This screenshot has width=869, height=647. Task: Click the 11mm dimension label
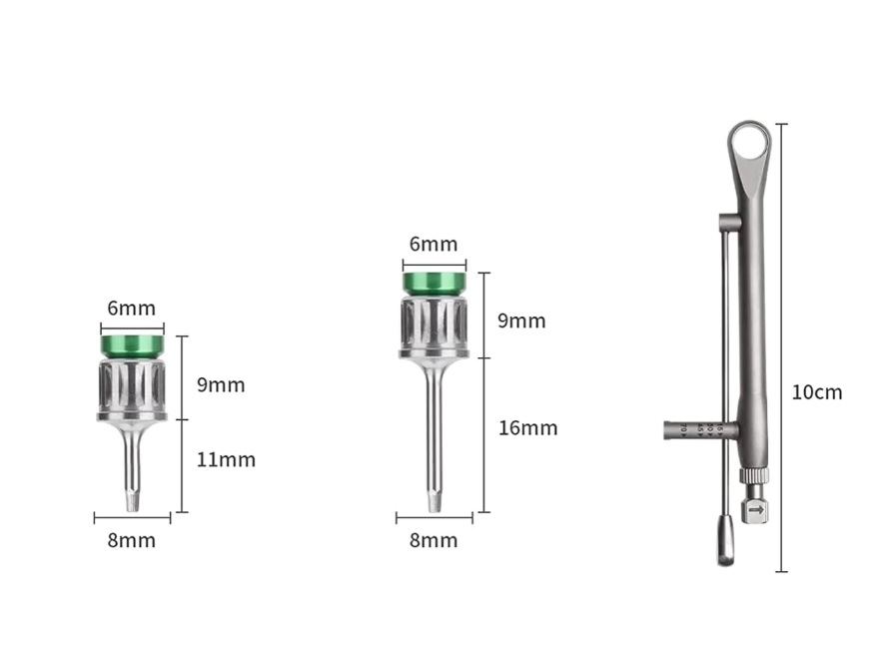click(226, 459)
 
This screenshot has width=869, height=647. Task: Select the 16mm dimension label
click(527, 428)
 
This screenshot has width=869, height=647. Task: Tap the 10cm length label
click(817, 392)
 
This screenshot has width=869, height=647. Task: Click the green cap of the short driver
click(132, 345)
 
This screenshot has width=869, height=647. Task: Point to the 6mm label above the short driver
click(131, 308)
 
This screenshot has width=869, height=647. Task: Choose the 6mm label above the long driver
click(434, 244)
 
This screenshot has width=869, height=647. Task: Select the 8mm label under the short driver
click(131, 540)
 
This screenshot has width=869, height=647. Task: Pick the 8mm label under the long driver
click(434, 540)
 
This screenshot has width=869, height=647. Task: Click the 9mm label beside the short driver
click(221, 385)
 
